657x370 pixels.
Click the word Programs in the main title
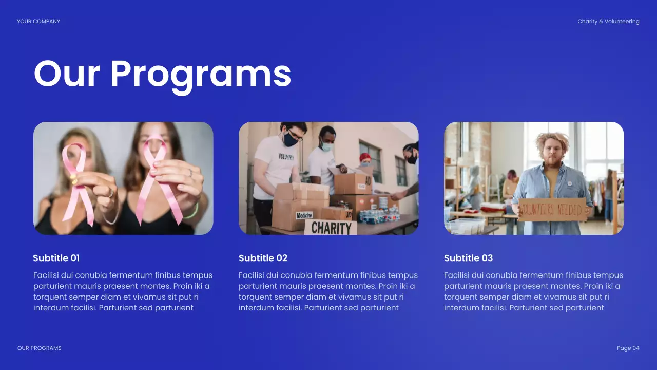pos(201,75)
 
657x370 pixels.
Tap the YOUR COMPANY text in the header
pos(38,22)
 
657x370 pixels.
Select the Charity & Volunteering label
pos(608,22)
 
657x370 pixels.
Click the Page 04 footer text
pos(628,348)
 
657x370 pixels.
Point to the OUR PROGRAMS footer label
pos(40,348)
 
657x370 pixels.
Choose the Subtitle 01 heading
pos(56,258)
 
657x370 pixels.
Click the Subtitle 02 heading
pos(263,258)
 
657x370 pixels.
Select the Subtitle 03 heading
pos(468,258)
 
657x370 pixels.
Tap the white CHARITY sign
pos(331,228)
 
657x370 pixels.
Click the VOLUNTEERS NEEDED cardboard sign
pos(552,209)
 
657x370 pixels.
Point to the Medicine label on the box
pos(304,215)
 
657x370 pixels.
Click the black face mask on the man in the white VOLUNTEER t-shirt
pos(290,139)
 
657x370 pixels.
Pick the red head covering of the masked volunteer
pos(365,157)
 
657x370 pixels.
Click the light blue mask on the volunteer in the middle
pos(327,146)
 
